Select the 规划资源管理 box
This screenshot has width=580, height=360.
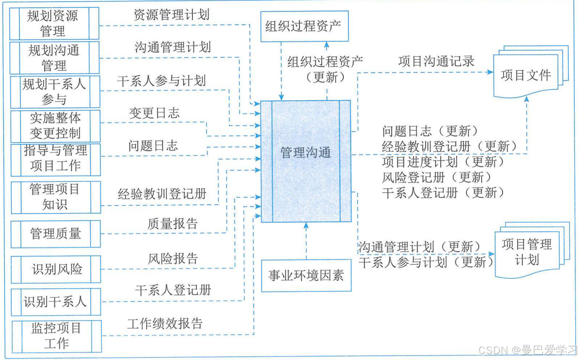[54, 23]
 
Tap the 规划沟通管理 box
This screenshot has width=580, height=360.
[54, 58]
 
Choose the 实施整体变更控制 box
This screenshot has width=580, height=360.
[55, 126]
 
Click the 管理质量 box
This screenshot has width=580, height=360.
[56, 234]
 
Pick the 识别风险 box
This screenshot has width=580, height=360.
[56, 269]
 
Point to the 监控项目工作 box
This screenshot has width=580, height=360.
[56, 336]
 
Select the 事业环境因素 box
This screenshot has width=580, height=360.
[306, 275]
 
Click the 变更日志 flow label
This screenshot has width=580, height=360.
[154, 113]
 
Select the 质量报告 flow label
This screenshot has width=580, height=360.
[173, 223]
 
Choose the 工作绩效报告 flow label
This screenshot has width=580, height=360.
[165, 323]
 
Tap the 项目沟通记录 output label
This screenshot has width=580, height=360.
[436, 61]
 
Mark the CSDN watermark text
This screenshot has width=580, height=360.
[527, 350]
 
